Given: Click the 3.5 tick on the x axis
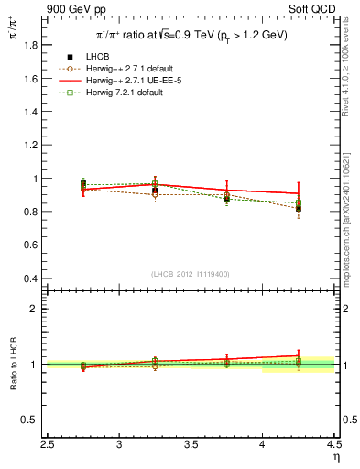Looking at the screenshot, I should (x=191, y=444).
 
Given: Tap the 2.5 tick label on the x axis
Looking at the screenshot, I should (x=48, y=444).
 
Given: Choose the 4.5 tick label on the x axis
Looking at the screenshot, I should (x=333, y=444).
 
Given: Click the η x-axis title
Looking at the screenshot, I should (x=335, y=457).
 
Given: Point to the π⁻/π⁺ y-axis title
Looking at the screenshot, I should (x=13, y=31).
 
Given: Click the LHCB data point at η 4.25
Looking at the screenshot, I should (x=298, y=208).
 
